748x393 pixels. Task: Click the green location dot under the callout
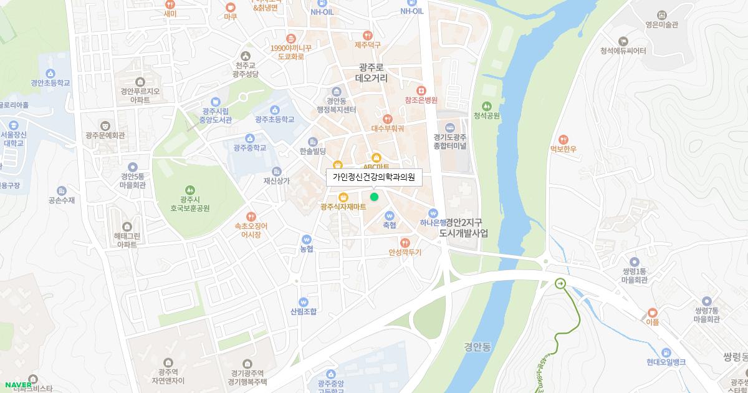(374, 197)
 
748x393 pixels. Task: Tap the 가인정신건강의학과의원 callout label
(374, 177)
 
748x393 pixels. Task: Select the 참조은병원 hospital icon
(421, 90)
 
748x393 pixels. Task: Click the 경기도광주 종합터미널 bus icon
(450, 128)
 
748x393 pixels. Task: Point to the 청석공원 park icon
(487, 106)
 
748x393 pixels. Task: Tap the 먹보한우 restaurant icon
(563, 138)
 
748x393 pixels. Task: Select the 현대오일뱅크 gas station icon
(666, 352)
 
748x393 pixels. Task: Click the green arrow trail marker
(560, 284)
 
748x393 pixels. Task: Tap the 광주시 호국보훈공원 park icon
(190, 190)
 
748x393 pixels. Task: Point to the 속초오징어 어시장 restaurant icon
(251, 216)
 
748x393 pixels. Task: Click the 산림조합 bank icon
(304, 301)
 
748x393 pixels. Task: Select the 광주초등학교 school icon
(275, 110)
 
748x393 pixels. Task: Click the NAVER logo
(18, 385)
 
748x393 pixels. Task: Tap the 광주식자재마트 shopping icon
(342, 198)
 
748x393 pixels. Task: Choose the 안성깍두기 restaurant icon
(405, 243)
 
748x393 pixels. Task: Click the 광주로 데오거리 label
(372, 73)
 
